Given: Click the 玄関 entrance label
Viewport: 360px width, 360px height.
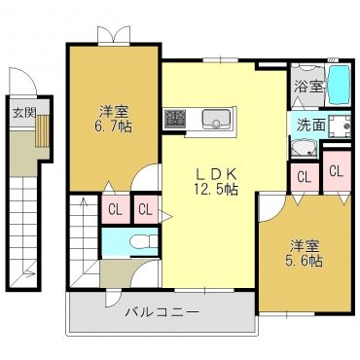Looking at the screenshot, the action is pyautogui.click(x=23, y=113).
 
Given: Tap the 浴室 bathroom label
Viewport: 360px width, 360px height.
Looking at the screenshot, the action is pyautogui.click(x=308, y=87).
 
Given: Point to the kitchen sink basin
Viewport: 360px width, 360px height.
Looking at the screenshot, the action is pyautogui.click(x=216, y=119).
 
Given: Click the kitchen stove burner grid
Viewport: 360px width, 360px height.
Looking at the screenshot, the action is pyautogui.click(x=175, y=119).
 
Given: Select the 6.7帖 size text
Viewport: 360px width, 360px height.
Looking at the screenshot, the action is pyautogui.click(x=113, y=126).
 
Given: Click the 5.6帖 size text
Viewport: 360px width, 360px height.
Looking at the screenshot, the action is pyautogui.click(x=304, y=261).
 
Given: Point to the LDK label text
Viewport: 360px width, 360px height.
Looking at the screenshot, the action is pyautogui.click(x=216, y=175).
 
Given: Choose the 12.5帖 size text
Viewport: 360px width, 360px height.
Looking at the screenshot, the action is pyautogui.click(x=216, y=189).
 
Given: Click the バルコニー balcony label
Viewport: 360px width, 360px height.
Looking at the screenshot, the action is pyautogui.click(x=162, y=312).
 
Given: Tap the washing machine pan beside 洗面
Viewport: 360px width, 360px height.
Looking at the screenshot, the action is pyautogui.click(x=340, y=126).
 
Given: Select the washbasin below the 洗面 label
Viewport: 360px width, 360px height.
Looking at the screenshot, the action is pyautogui.click(x=304, y=149).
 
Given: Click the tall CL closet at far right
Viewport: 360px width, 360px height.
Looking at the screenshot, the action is pyautogui.click(x=337, y=172).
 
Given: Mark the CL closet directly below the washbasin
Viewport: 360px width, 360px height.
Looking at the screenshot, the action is pyautogui.click(x=305, y=177).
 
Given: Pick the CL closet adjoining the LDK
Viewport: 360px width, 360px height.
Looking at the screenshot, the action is pyautogui.click(x=146, y=209).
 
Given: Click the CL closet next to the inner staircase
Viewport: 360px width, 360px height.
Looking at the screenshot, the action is pyautogui.click(x=116, y=209).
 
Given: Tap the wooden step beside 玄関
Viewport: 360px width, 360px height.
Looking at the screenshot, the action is pyautogui.click(x=42, y=130).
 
